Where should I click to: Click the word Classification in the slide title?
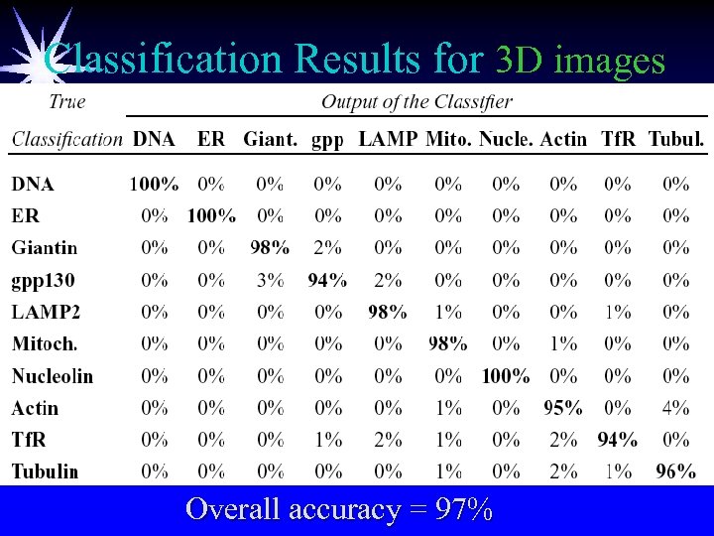tap(163, 60)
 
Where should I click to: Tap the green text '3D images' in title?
tap(579, 62)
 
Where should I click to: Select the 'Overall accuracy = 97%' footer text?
tap(339, 509)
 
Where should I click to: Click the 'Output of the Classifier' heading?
tap(416, 101)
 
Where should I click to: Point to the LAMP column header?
tap(387, 140)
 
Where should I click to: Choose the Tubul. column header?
tap(676, 140)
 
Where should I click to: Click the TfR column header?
tap(619, 140)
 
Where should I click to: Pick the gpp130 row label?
tap(43, 281)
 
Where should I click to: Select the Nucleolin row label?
tap(52, 376)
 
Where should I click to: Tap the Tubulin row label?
tap(45, 471)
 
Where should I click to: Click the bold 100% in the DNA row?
tap(154, 184)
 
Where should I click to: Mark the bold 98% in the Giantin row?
tap(270, 247)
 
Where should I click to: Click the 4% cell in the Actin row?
tap(675, 408)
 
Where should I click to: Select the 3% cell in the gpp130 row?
tap(270, 281)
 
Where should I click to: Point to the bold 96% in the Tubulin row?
tap(675, 471)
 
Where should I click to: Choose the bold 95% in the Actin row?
tap(562, 408)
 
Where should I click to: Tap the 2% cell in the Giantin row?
tap(327, 247)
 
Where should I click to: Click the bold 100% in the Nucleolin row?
tap(505, 376)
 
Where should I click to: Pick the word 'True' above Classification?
tap(66, 101)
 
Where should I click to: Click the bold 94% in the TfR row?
tap(618, 440)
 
